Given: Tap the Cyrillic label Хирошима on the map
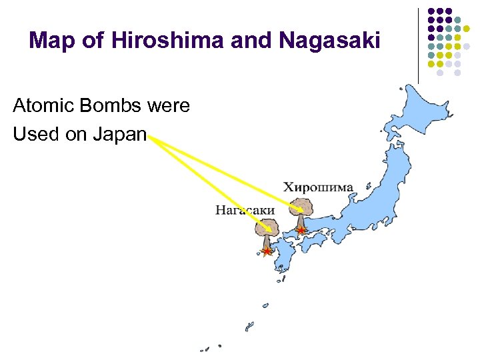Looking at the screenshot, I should [318, 187].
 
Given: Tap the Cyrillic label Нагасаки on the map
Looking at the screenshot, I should [245, 210].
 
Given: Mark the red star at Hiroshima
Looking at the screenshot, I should [301, 231].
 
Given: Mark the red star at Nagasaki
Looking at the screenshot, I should [267, 252].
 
